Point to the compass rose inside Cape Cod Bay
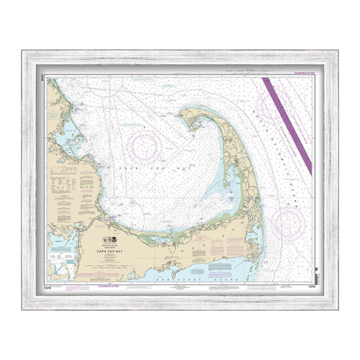pyautogui.click(x=145, y=143)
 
